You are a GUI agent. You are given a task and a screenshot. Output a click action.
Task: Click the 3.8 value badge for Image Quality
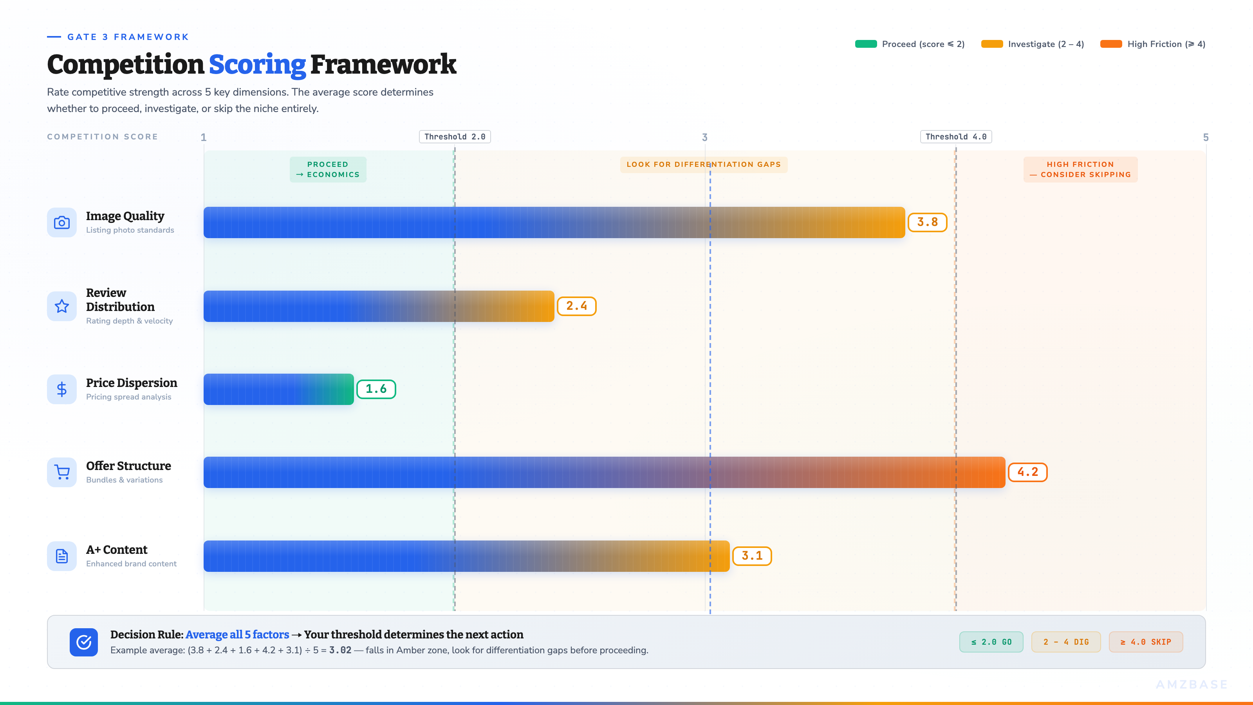927,222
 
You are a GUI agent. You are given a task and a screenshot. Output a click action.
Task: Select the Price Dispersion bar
278,389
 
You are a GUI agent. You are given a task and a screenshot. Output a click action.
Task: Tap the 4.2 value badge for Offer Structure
1027,472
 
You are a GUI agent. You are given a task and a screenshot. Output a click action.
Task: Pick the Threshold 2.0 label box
455,137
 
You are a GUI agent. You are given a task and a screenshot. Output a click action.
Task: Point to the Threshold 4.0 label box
956,137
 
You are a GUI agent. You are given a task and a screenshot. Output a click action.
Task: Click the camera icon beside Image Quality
62,222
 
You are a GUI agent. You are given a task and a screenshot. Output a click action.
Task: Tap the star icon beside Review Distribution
62,306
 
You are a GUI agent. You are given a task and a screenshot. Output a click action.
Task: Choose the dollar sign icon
62,389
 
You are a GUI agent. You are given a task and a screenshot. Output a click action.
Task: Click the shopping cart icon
62,472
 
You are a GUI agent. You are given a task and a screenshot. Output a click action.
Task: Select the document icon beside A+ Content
62,556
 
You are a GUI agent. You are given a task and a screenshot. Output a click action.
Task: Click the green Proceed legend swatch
866,44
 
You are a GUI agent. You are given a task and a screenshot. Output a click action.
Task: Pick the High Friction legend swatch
1111,44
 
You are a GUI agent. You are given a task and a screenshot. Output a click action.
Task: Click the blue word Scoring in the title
257,64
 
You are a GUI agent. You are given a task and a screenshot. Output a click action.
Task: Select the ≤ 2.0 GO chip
991,642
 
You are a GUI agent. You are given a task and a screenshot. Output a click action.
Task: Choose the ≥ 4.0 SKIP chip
1145,642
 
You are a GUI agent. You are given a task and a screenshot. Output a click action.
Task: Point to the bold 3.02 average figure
340,650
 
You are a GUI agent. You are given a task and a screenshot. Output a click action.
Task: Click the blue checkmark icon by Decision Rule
84,642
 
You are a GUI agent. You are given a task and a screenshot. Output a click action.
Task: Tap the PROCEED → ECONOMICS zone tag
328,169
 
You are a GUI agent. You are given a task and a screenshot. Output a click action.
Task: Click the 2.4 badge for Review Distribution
576,306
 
